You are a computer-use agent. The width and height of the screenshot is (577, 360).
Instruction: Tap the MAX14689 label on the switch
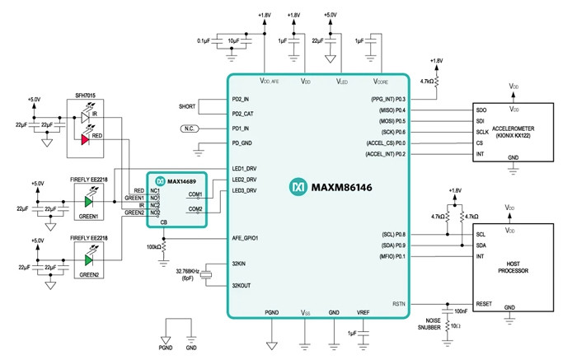tap(181, 180)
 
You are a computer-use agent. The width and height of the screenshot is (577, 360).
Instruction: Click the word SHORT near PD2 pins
tap(187, 106)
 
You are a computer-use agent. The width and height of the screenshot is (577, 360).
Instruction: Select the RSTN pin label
tap(399, 304)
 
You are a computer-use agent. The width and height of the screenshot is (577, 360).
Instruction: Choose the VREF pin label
tap(364, 313)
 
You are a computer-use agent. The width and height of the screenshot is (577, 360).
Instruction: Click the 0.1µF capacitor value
tap(208, 40)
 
